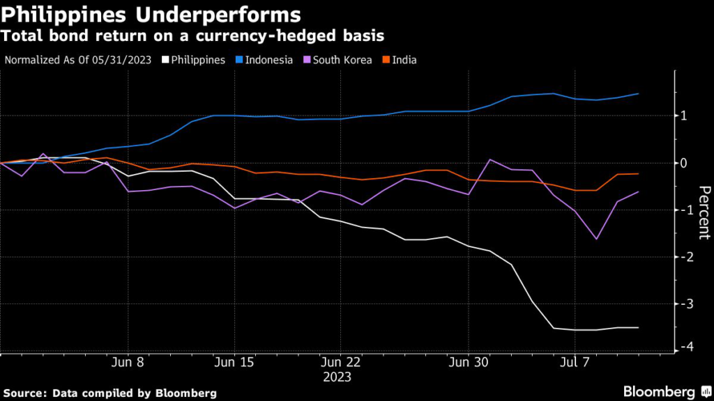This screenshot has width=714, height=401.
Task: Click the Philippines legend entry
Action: coord(195,60)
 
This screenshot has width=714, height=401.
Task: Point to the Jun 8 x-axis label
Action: coord(127,363)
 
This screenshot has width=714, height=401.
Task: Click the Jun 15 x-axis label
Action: coord(234,363)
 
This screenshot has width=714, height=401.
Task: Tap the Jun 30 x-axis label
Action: coord(468,363)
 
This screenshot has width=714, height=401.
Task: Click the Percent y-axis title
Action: coord(704,212)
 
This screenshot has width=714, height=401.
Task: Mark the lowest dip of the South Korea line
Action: coord(597,239)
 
